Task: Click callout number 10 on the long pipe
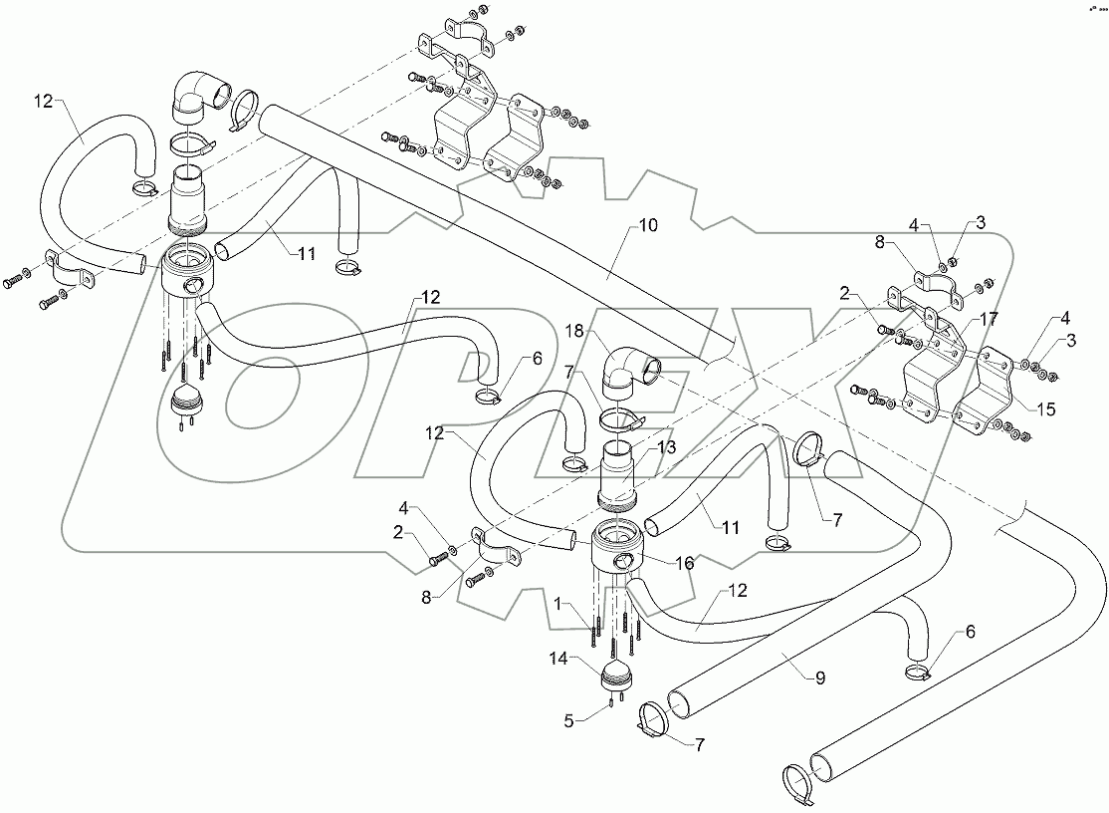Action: (x=647, y=226)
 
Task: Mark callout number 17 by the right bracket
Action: (x=987, y=320)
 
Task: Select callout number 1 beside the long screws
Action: (x=561, y=602)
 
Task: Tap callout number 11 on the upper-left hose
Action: (x=306, y=254)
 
